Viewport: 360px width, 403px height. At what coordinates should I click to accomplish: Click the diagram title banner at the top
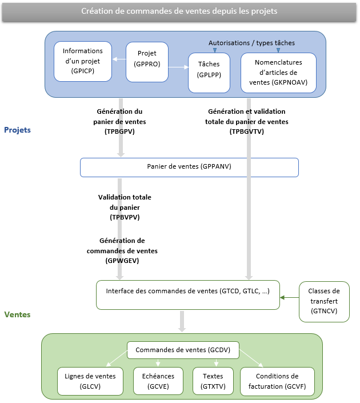[179, 11]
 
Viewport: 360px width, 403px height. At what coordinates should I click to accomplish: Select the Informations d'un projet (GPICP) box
[82, 61]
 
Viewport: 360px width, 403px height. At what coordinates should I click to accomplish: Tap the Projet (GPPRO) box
[147, 58]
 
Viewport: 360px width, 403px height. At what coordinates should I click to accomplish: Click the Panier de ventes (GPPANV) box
[189, 167]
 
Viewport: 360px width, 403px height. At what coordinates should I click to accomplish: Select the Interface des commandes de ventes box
[187, 295]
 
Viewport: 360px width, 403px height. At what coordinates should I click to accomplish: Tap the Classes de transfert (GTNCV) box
[324, 301]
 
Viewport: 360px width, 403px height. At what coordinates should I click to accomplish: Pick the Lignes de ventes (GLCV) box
[90, 381]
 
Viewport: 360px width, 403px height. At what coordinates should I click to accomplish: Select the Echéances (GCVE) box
[158, 381]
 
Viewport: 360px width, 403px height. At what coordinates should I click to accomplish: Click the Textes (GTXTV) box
[212, 381]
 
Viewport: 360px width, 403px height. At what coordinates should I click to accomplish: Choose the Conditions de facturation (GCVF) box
[277, 381]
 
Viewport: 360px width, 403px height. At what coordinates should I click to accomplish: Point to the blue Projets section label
[17, 130]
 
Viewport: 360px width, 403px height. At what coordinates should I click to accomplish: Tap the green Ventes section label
[17, 314]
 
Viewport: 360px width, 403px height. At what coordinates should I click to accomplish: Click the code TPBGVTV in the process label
[247, 131]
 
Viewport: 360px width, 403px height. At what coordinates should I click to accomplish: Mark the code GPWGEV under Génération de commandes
[122, 260]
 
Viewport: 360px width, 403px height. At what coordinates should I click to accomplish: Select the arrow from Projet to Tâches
[178, 67]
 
